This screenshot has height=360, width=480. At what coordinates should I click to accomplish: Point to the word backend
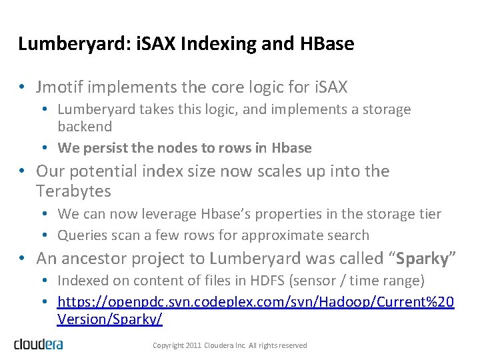(85, 126)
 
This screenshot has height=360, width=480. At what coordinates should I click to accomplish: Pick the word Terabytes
(75, 192)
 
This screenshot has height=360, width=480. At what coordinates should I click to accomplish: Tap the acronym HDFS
(241, 281)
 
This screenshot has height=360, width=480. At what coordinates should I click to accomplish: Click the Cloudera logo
(39, 344)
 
